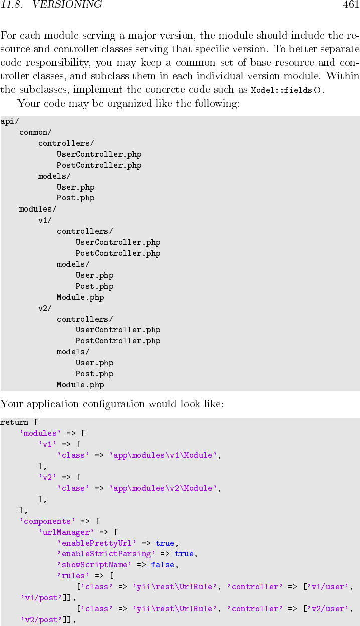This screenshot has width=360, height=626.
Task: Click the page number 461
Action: (x=351, y=5)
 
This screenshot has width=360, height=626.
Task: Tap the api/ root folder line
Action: (x=8, y=121)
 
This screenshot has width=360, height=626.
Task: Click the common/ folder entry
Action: (x=35, y=132)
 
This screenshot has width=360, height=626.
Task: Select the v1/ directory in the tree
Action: (x=45, y=220)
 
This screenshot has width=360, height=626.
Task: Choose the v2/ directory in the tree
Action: (x=45, y=308)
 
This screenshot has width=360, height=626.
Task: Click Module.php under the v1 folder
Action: (x=80, y=297)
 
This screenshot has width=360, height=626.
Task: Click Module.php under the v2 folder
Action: (x=80, y=385)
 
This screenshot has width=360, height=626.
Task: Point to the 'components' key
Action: (x=47, y=521)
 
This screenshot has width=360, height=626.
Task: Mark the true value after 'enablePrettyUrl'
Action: (x=165, y=543)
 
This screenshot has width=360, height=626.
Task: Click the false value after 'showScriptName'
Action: (x=162, y=565)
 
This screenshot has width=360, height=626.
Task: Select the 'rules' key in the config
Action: (x=73, y=576)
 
